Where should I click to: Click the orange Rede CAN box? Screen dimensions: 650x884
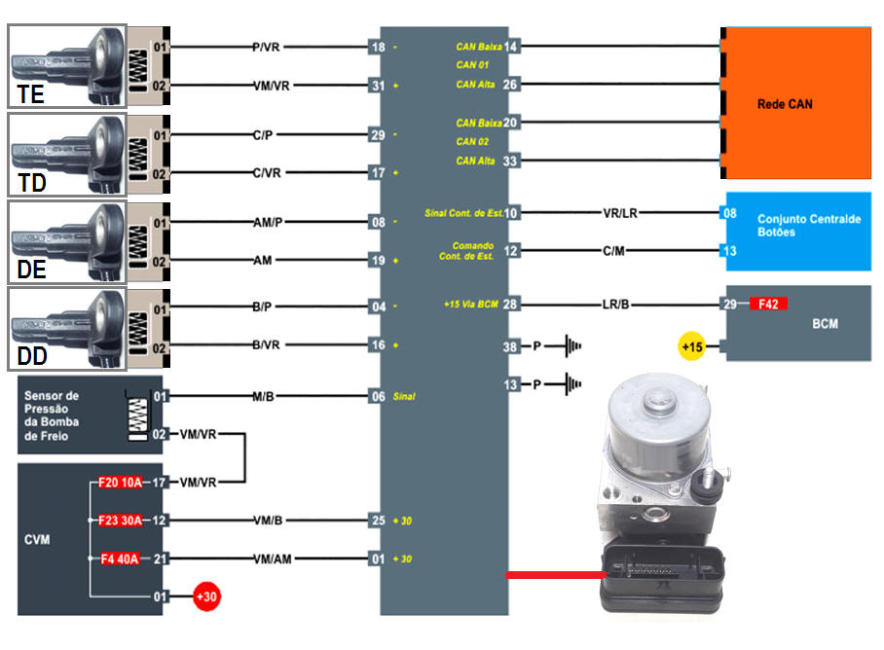coord(796,102)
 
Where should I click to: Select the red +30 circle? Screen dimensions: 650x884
coord(205,596)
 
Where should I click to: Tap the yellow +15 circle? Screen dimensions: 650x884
coord(692,345)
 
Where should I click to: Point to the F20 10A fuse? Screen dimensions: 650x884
coord(120,482)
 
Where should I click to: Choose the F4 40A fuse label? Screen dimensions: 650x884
coord(120,559)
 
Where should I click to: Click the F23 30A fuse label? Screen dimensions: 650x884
coord(120,521)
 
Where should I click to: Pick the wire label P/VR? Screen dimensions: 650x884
coord(265,47)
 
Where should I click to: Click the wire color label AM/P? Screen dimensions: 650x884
coord(268,223)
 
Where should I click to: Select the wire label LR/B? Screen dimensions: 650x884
coord(615,306)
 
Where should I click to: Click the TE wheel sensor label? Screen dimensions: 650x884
coord(32,94)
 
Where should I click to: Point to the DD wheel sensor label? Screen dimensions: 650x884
coord(32,357)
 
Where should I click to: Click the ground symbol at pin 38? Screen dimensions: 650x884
coord(569,345)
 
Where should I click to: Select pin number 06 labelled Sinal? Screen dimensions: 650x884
coord(377,396)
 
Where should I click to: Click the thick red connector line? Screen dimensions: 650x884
coord(555,575)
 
